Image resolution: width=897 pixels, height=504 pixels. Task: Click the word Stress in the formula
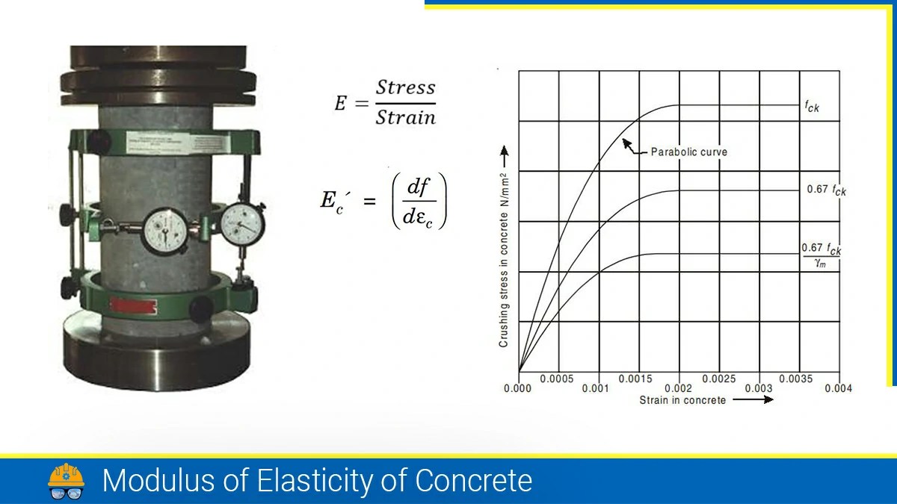pyautogui.click(x=405, y=87)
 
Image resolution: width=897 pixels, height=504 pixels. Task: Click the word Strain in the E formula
pyautogui.click(x=405, y=117)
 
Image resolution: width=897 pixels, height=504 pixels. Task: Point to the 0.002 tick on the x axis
pyautogui.click(x=678, y=388)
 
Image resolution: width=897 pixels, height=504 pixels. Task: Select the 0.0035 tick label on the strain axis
pyautogui.click(x=795, y=379)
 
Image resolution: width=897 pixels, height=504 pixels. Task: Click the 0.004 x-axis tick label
pyautogui.click(x=838, y=388)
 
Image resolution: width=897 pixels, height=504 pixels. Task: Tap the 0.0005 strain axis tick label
pyautogui.click(x=557, y=379)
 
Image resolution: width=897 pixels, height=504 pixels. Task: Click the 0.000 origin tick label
pyautogui.click(x=517, y=388)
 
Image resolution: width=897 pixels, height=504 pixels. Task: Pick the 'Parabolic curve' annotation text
pyautogui.click(x=688, y=152)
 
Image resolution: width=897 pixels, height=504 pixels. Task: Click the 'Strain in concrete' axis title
pyautogui.click(x=682, y=400)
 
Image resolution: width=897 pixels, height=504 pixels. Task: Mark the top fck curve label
pyautogui.click(x=813, y=107)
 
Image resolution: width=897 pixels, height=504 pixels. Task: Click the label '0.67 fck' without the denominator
pyautogui.click(x=826, y=190)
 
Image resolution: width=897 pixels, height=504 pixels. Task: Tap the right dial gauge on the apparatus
pyautogui.click(x=242, y=222)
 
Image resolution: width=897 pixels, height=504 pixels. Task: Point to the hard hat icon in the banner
pyautogui.click(x=67, y=481)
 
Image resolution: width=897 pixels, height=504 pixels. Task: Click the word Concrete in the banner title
pyautogui.click(x=474, y=480)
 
